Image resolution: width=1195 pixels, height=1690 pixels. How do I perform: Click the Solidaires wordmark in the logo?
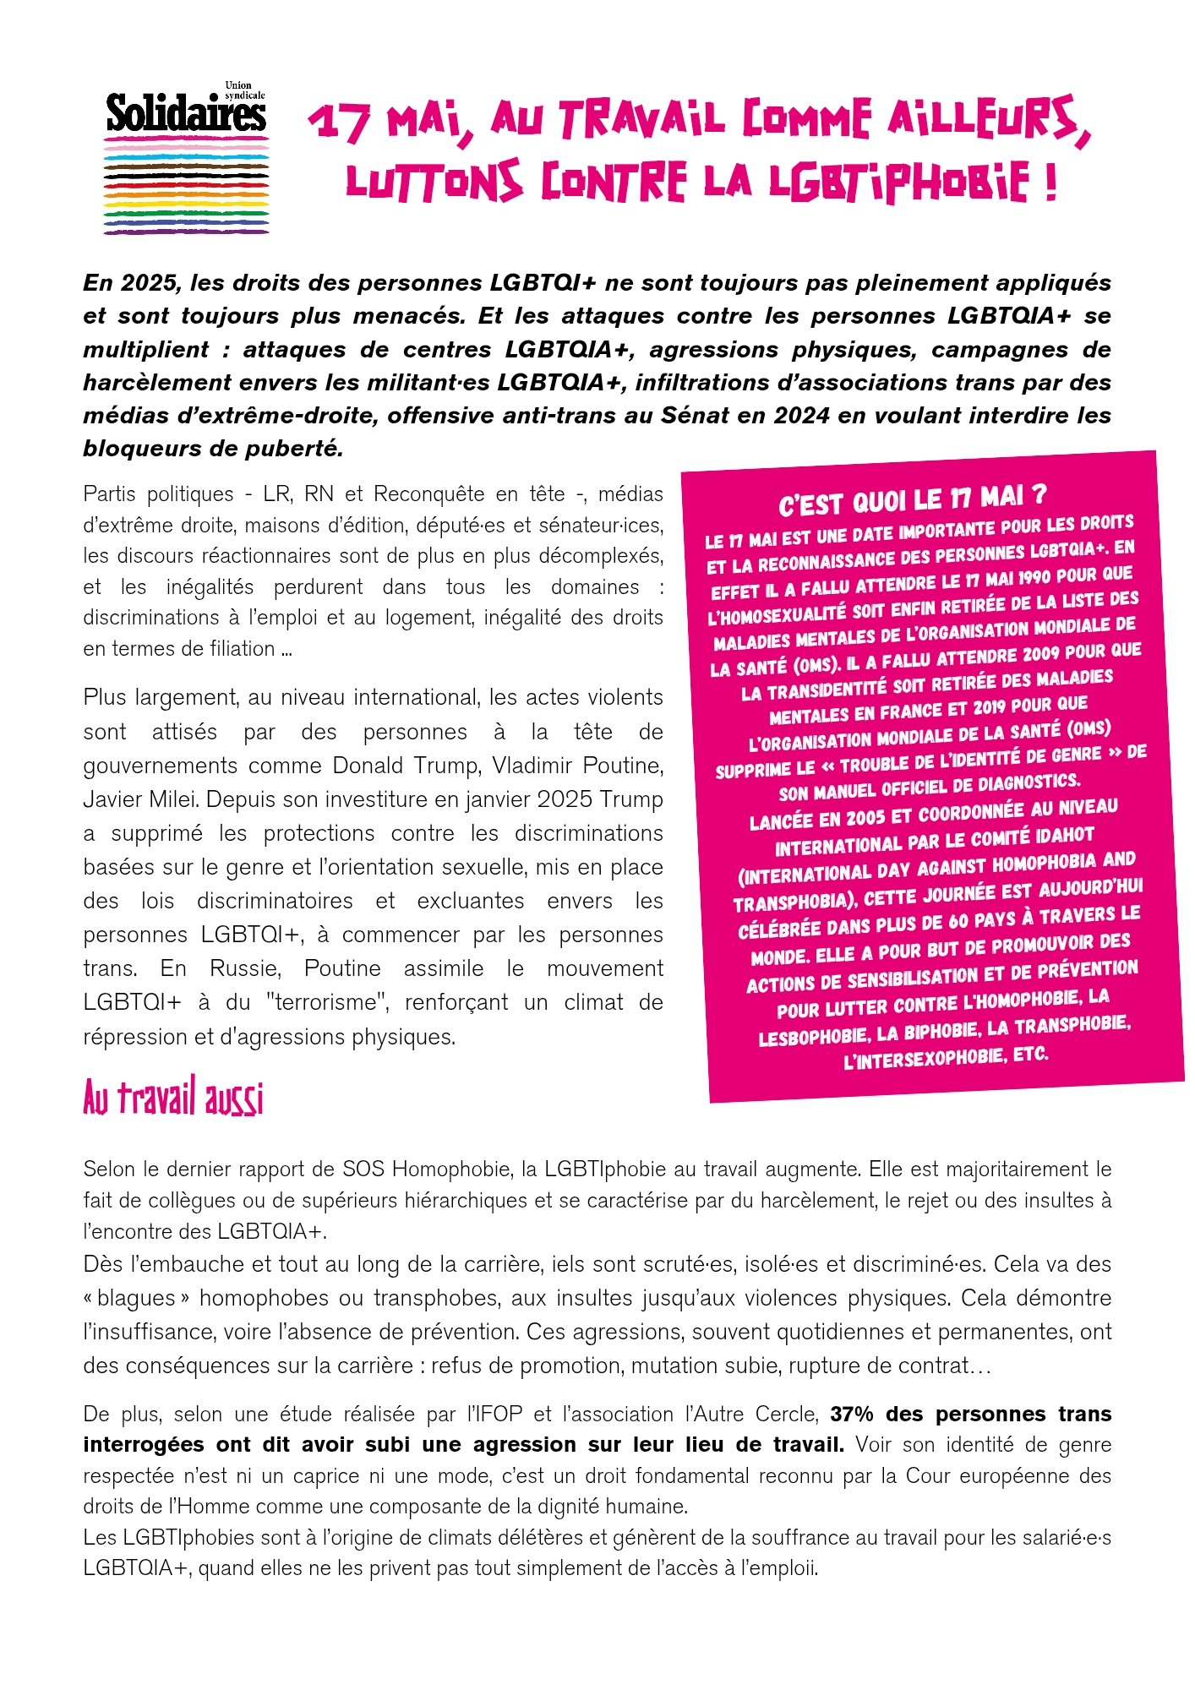[x=186, y=114]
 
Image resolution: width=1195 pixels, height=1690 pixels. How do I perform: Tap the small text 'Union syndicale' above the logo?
[x=244, y=90]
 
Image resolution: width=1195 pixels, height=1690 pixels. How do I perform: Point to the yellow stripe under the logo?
[x=186, y=204]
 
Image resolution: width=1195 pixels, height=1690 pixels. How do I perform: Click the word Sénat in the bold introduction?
[x=797, y=416]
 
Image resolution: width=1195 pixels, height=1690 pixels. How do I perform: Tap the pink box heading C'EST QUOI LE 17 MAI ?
[x=913, y=499]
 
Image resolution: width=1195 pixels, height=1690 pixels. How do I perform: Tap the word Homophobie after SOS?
[x=452, y=1169]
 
